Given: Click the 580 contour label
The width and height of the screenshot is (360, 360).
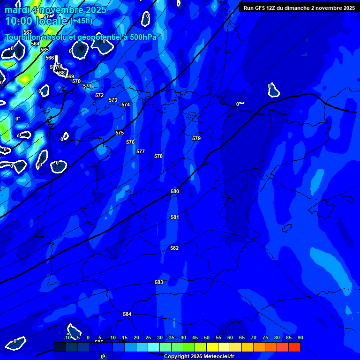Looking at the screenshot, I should (x=175, y=191).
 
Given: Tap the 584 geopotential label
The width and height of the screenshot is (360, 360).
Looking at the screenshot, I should (x=127, y=314).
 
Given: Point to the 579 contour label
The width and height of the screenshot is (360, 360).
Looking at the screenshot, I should (x=196, y=138).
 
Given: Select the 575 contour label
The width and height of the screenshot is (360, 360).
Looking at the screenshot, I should (x=120, y=133).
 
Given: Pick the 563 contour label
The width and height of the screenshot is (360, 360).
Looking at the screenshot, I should (x=28, y=32).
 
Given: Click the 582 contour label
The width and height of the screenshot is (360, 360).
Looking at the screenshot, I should (x=174, y=248).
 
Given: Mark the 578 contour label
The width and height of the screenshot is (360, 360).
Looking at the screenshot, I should (x=158, y=156).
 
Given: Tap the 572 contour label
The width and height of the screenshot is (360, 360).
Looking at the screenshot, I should (x=99, y=95).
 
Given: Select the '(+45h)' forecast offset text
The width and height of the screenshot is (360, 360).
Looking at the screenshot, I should (x=81, y=21).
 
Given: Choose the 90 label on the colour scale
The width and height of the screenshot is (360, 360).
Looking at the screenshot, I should (x=300, y=337).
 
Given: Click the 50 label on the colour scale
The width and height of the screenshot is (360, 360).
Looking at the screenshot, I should (x=206, y=337).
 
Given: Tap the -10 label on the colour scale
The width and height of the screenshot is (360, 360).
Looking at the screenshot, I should (x=67, y=337).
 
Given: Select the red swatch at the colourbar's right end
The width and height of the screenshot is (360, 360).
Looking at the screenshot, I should (x=294, y=347).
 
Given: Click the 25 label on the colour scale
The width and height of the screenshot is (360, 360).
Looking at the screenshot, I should (x=148, y=337).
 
